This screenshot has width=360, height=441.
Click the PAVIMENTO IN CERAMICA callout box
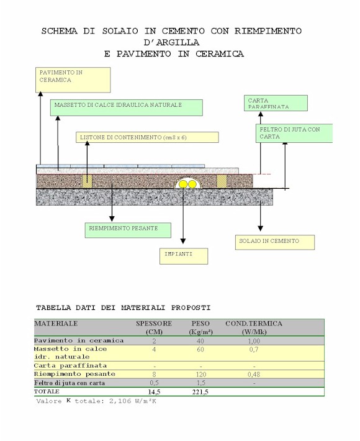pos(73,80)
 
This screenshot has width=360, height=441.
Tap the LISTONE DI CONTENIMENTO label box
pos(147,137)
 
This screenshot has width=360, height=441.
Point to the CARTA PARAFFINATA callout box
pos(276,103)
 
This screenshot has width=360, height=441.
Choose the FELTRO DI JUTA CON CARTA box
pos(294,133)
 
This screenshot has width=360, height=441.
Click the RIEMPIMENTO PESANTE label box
pos(128,230)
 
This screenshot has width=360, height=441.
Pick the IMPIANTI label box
pos(184,256)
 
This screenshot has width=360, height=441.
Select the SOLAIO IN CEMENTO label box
pos(275,242)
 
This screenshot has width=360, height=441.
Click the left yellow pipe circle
pos(183,184)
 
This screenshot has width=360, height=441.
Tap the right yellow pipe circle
pos(192,184)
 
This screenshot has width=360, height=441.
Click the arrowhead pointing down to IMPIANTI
pos(183,241)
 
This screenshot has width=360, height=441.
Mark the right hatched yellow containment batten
pos(222,181)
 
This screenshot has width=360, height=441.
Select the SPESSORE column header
pos(154,324)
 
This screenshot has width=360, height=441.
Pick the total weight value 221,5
pos(200,392)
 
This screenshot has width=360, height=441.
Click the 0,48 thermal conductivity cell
pos(254,375)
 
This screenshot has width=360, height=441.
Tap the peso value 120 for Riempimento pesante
pos(200,375)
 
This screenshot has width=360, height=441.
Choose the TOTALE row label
pos(47,391)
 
